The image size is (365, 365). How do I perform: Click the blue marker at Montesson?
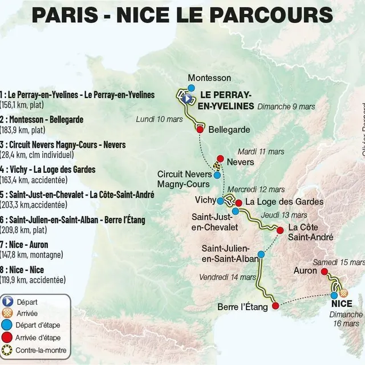[192, 88]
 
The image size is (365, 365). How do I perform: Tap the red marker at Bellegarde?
[200, 129]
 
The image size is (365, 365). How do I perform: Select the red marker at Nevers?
[220, 159]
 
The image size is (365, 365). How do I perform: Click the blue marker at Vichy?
[220, 201]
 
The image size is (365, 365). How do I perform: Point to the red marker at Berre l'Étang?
[275, 306]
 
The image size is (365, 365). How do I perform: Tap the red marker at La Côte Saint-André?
[280, 230]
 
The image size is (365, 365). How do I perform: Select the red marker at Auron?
[318, 271]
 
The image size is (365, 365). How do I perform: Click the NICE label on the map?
[342, 303]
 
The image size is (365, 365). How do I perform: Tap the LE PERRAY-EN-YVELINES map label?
[225, 100]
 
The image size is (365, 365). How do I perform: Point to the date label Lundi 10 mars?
[159, 119]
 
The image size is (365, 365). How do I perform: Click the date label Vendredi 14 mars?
[228, 277]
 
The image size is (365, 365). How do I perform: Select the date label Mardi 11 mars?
[261, 152]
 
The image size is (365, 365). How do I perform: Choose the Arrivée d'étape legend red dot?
[7, 338]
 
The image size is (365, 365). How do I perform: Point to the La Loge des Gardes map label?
[285, 202]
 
